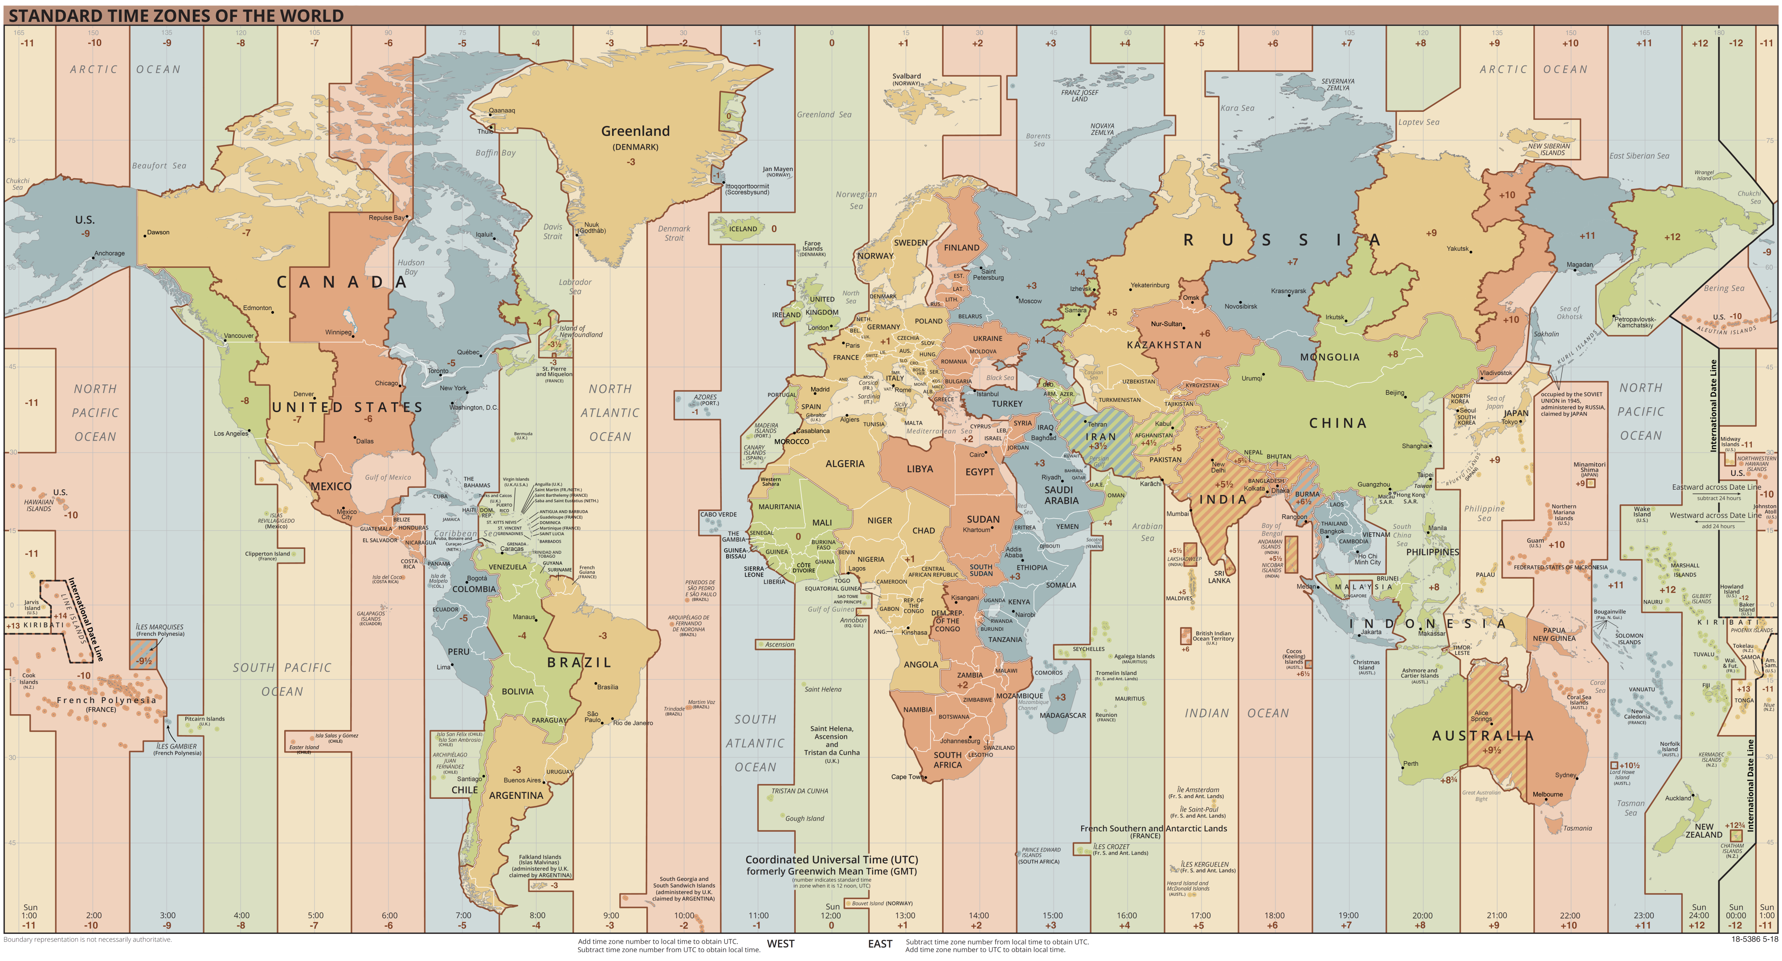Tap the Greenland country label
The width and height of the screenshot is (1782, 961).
635,131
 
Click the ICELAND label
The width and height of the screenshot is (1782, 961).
743,229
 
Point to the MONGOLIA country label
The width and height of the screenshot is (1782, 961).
1329,357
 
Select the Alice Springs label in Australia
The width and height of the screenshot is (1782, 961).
1481,716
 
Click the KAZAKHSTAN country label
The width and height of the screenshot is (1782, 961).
1164,344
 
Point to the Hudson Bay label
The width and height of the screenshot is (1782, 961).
411,267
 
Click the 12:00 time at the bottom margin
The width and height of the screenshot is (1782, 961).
831,916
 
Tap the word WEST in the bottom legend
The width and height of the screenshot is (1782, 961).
781,944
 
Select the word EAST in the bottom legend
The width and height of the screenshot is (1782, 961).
880,944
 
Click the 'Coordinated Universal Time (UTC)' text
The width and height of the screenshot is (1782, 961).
831,859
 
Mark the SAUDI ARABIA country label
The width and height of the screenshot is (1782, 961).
1061,495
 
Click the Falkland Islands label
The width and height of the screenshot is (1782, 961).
540,857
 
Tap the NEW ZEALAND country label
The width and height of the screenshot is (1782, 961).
1704,830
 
